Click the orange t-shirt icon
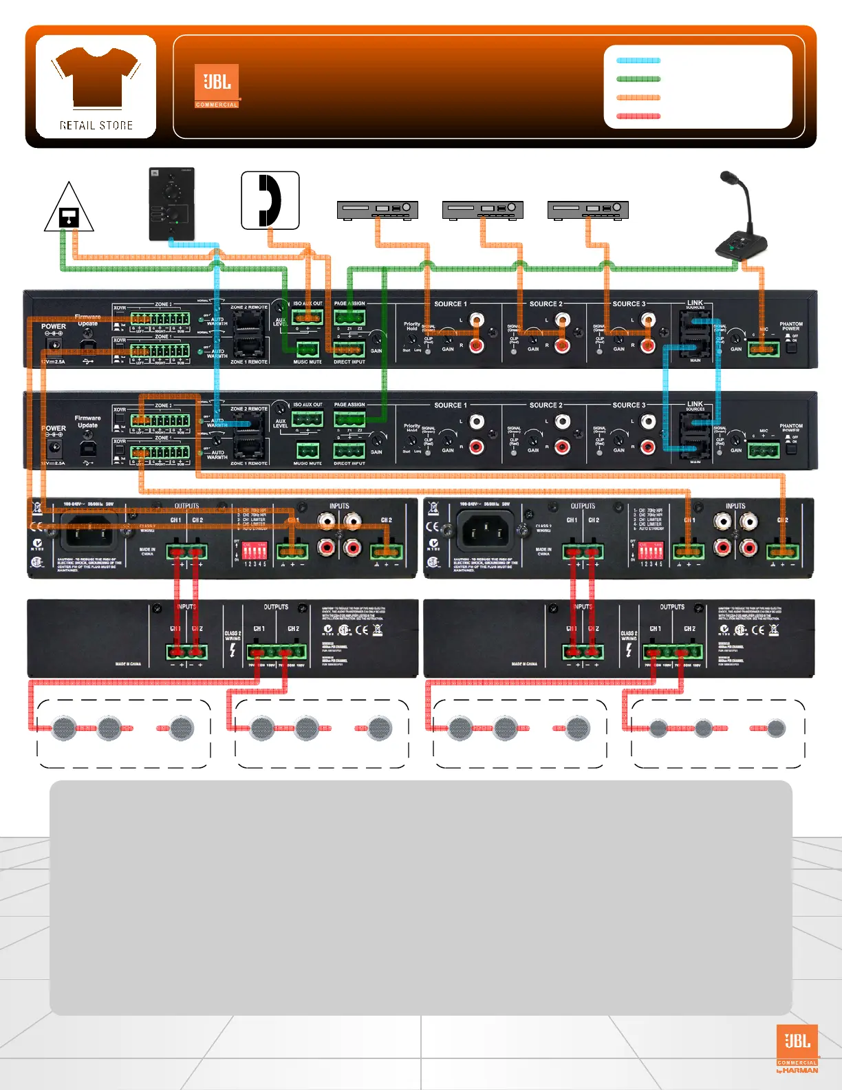pyautogui.click(x=96, y=77)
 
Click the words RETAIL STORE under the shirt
pyautogui.click(x=96, y=125)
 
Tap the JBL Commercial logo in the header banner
pyautogui.click(x=217, y=86)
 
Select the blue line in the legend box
pyautogui.click(x=638, y=61)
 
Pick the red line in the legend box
pyautogui.click(x=638, y=116)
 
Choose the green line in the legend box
pyautogui.click(x=638, y=79)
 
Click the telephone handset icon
pyautogui.click(x=270, y=200)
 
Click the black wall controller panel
pyautogui.click(x=172, y=204)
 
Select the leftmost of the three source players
pyautogui.click(x=377, y=209)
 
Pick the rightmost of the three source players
pyautogui.click(x=587, y=209)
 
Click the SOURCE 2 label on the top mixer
pyautogui.click(x=546, y=303)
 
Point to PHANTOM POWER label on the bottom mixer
pyautogui.click(x=791, y=428)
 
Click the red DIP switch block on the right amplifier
pyautogui.click(x=651, y=550)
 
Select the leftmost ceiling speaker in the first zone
pyautogui.click(x=65, y=727)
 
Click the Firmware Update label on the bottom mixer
pyautogui.click(x=87, y=421)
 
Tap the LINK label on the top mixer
pyautogui.click(x=695, y=303)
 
